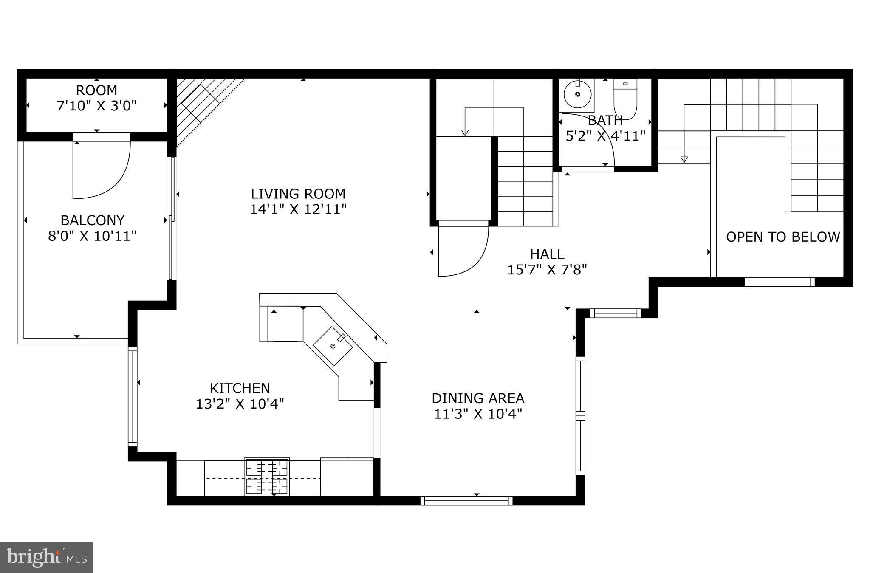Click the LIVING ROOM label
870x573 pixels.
coord(298,194)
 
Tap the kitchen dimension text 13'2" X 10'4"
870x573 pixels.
coord(240,404)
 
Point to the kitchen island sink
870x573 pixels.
coord(333,346)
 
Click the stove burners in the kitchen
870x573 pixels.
coord(267,477)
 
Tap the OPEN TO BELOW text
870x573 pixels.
coord(782,237)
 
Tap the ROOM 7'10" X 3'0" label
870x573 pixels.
coord(97,98)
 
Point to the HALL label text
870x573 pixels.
coord(547,254)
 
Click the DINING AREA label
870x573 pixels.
coord(478,398)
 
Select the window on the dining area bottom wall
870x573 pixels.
coord(466,500)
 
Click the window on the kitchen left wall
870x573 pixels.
coord(133,396)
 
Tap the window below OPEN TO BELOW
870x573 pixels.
coord(779,282)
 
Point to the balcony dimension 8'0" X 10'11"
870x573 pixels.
coord(92,236)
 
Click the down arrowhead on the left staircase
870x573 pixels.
coord(465,133)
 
